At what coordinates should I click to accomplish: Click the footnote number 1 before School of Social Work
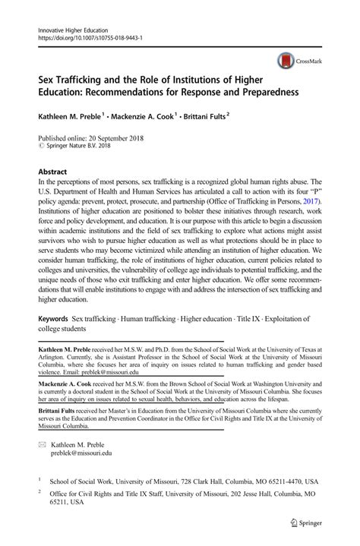(x=39, y=479)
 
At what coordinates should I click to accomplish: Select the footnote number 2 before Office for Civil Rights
(x=39, y=491)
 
